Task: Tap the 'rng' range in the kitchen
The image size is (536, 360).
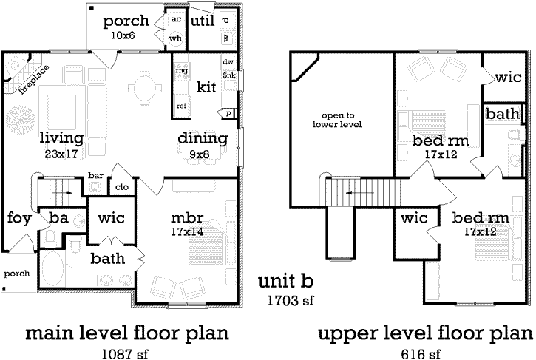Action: [181, 72]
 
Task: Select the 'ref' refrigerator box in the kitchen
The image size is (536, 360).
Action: [181, 106]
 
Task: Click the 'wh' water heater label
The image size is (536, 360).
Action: [175, 38]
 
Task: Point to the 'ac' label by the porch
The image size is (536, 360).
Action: [176, 18]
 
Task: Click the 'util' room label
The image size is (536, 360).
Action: [202, 21]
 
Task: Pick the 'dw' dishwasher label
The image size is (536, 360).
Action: [228, 62]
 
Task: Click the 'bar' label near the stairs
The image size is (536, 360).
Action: [95, 176]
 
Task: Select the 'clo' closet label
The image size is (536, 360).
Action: [121, 187]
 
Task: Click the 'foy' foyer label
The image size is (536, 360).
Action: [18, 218]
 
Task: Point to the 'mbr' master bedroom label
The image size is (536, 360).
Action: [187, 220]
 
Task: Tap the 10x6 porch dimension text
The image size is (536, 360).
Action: [126, 35]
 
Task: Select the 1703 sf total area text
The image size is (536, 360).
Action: [291, 301]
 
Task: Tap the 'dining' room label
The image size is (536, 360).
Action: [201, 138]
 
